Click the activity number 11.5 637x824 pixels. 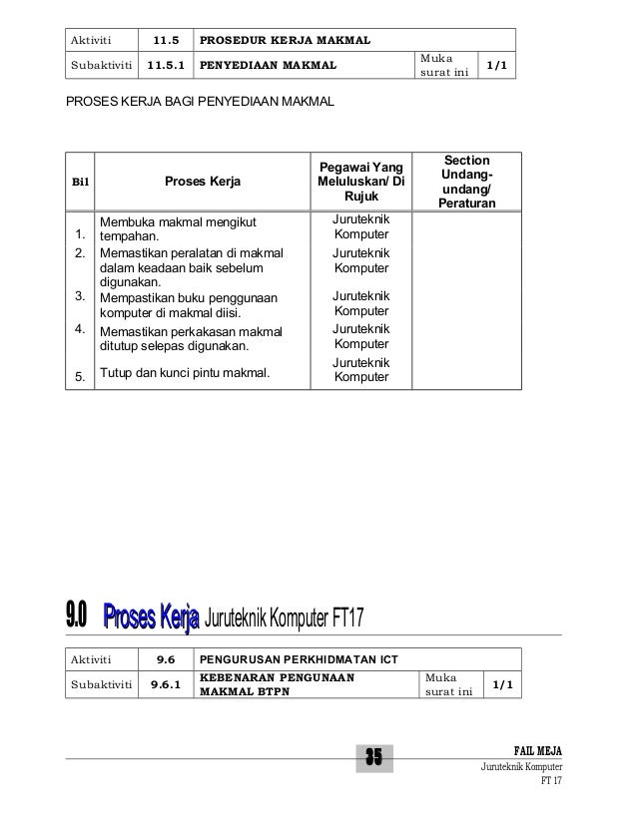[168, 41]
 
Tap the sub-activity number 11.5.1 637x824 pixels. [166, 66]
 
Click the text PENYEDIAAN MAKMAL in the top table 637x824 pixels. [268, 66]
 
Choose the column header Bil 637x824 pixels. [77, 183]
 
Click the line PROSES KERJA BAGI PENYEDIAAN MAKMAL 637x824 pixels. [200, 103]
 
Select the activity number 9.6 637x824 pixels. [166, 658]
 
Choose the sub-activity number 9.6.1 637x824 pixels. [166, 683]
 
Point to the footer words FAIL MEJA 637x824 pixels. [537, 750]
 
